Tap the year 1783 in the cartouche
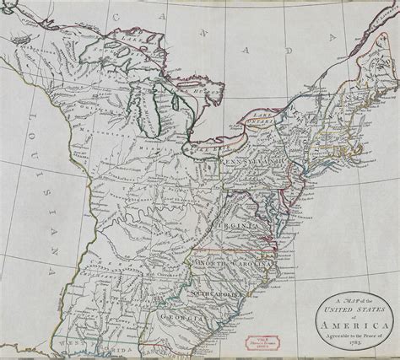348,346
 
